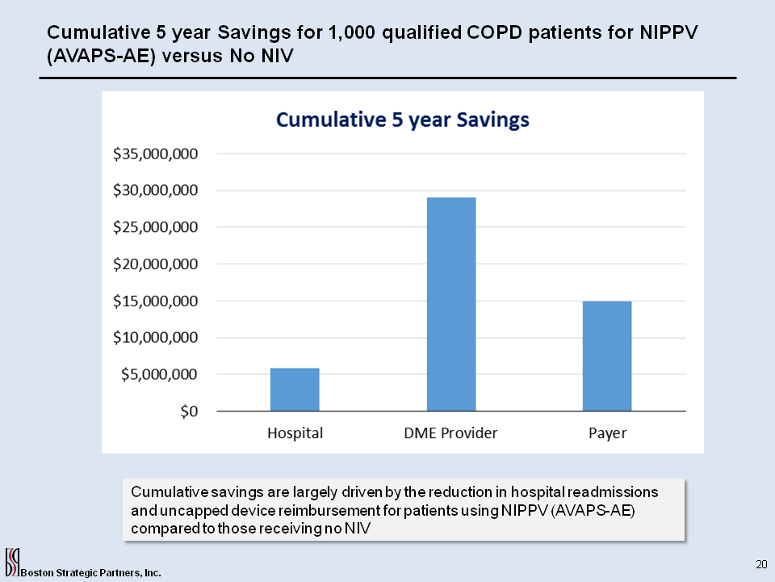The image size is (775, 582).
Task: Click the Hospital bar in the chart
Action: click(x=295, y=390)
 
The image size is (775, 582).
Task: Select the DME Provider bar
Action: click(x=450, y=304)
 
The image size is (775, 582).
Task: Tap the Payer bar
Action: click(x=607, y=356)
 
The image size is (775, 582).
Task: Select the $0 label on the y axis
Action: click(x=189, y=411)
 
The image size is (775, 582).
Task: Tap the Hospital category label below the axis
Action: click(x=295, y=433)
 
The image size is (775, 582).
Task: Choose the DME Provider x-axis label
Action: click(x=450, y=433)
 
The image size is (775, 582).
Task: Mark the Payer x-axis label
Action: click(x=607, y=433)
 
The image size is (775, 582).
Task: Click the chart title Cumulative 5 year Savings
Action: click(x=402, y=120)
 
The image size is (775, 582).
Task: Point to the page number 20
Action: click(x=760, y=563)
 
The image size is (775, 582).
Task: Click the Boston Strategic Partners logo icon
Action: click(x=11, y=562)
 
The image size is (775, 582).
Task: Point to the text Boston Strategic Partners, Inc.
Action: click(x=90, y=572)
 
